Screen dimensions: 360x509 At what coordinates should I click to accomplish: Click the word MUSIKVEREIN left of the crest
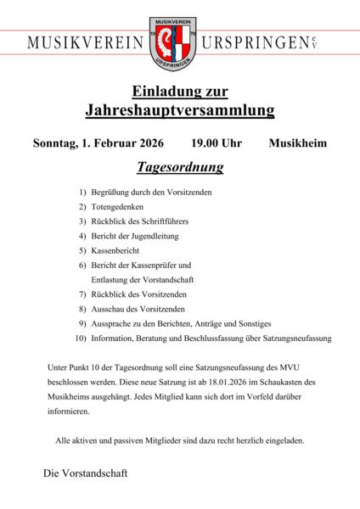85,42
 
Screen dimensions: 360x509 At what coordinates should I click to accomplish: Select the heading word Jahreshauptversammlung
180,110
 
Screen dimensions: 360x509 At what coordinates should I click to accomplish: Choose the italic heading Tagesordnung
180,167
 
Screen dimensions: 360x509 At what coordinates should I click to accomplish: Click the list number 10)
81,338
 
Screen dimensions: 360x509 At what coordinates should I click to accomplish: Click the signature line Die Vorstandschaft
85,473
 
